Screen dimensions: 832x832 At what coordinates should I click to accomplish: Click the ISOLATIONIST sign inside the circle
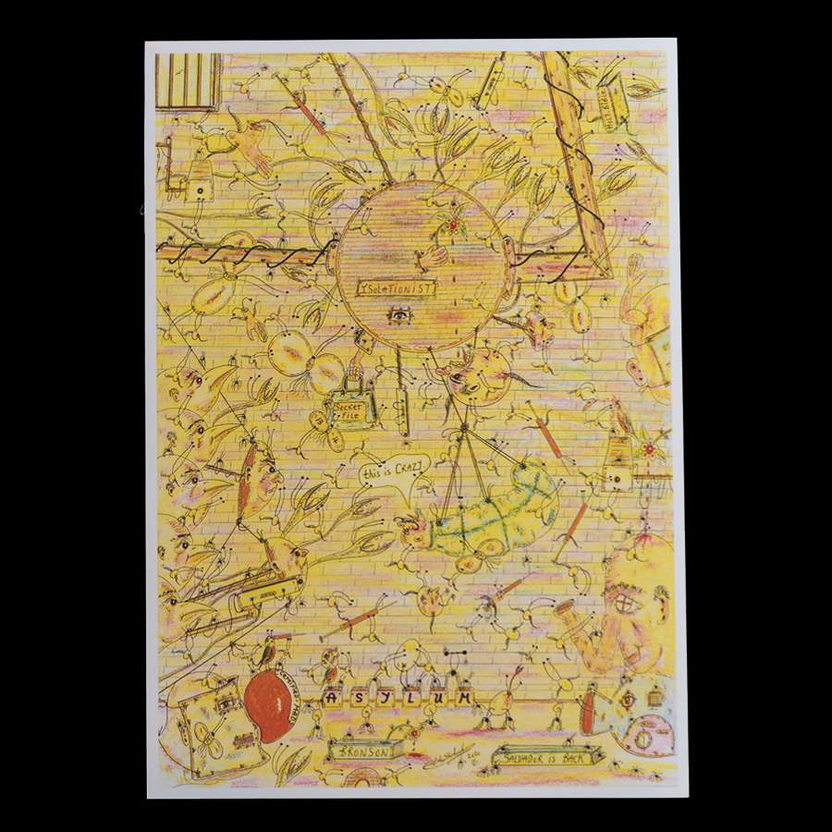(397, 289)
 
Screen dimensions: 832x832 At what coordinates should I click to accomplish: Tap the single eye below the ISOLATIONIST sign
(398, 317)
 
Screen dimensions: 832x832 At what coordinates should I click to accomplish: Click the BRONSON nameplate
(361, 752)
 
